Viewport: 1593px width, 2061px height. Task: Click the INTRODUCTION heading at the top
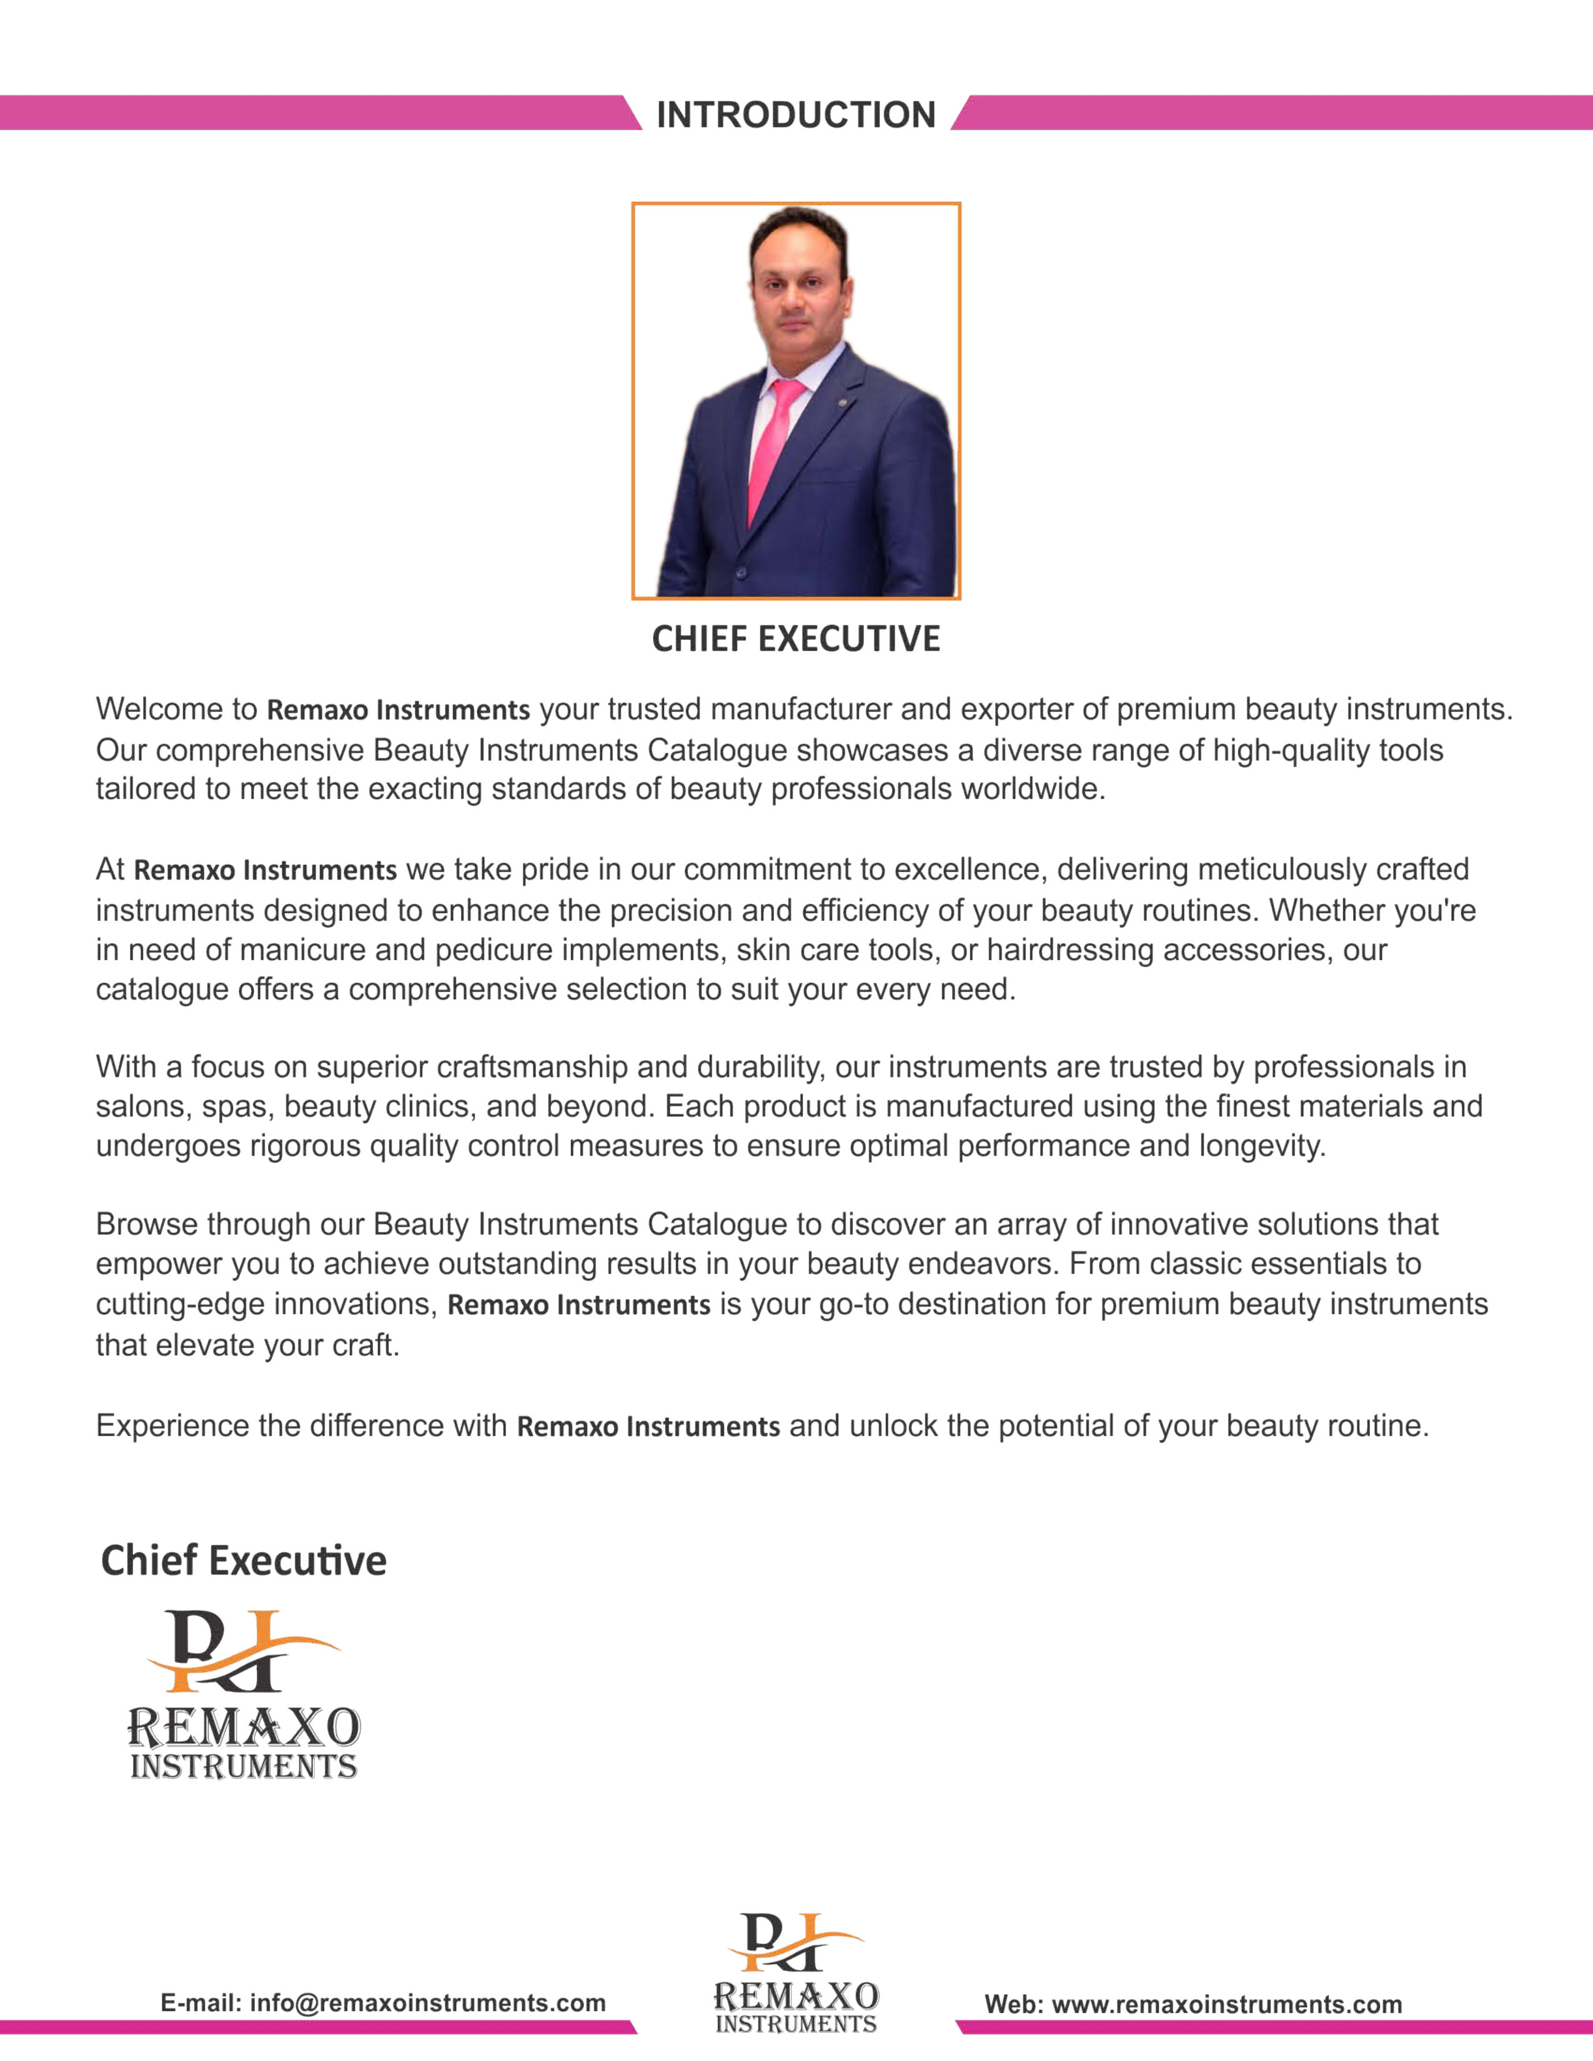[x=795, y=114]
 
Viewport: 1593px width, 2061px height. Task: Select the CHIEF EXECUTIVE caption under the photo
[x=795, y=639]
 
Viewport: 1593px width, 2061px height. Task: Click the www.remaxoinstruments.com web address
[x=1226, y=2004]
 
